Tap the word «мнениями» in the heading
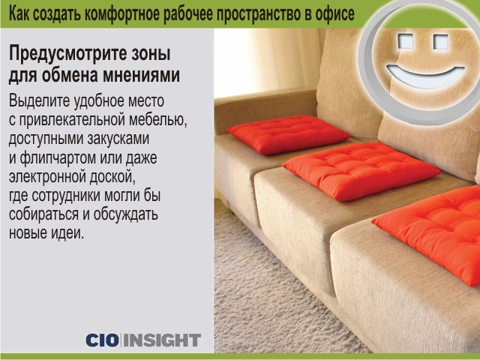click(x=142, y=75)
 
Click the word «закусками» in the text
click(x=118, y=138)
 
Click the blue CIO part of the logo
click(x=103, y=340)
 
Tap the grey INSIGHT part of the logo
click(x=162, y=340)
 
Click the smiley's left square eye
click(x=405, y=41)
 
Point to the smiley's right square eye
click(x=441, y=42)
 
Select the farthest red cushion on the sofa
click(x=288, y=135)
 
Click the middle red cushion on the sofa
click(x=361, y=171)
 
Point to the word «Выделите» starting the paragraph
click(x=38, y=101)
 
